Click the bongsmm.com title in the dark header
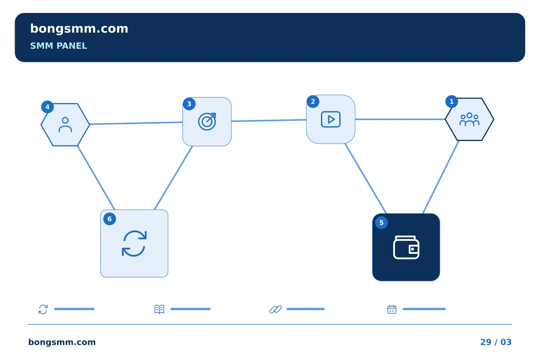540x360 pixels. point(79,29)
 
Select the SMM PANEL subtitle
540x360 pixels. point(58,46)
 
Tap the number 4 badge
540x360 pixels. point(48,107)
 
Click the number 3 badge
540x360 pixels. point(189,104)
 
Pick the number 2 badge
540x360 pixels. point(313,102)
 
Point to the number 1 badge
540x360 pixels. point(452,102)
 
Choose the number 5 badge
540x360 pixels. point(381,222)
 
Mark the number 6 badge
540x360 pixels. point(109,219)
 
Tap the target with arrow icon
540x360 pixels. point(207,121)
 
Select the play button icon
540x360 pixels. point(331,119)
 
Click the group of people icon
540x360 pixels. point(469,119)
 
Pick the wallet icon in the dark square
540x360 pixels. point(406,247)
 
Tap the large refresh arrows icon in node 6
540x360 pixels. point(134,243)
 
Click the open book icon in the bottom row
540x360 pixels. point(159,309)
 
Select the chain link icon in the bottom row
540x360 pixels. point(276,309)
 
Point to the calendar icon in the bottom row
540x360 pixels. point(392,309)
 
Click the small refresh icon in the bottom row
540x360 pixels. point(43,309)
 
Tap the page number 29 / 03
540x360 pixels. point(496,342)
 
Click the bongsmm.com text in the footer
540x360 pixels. point(62,342)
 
